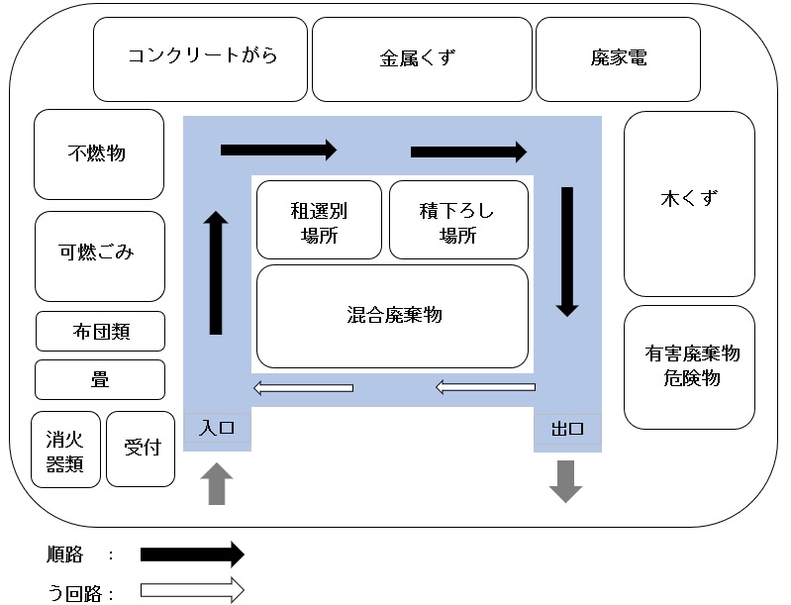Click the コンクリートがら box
coord(202,57)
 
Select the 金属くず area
coord(420,58)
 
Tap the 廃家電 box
coord(618,58)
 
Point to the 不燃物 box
coord(98,153)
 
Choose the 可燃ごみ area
coord(98,254)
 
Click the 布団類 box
coord(100,331)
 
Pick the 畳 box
coord(100,379)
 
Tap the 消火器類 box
coord(65,449)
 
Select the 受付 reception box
coord(140,449)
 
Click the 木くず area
coord(689,202)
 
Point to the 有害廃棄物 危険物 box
coord(689,366)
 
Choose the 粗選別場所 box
coord(319,221)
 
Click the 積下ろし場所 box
coord(457,221)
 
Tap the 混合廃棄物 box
coord(392,316)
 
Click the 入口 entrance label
coord(217,429)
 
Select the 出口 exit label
coord(567,430)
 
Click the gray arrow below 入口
coord(218,485)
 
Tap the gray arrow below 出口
coord(566,482)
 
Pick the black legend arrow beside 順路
coord(192,554)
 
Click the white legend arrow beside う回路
coord(192,591)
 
